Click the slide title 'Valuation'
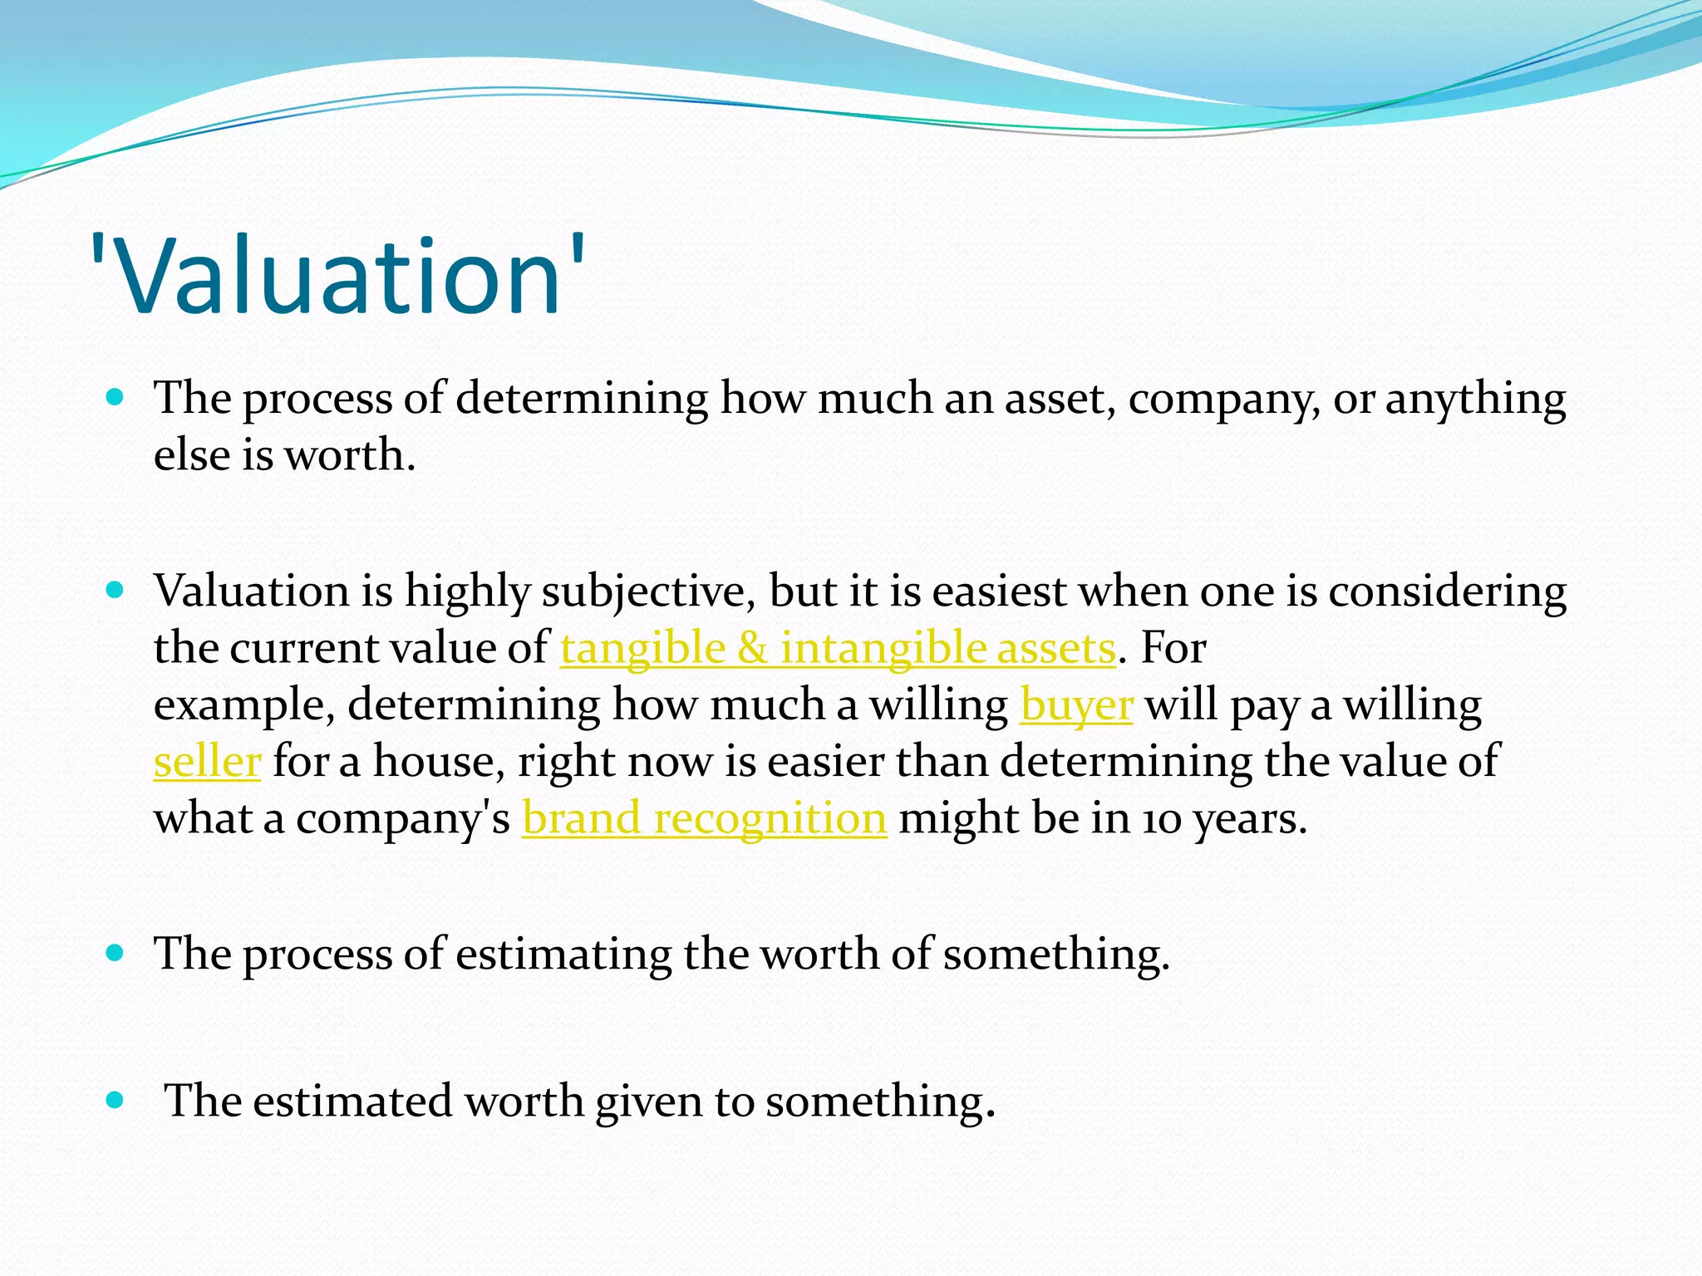coord(337,276)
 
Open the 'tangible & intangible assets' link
coord(837,649)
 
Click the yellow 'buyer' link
coord(1076,705)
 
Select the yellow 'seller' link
coord(207,762)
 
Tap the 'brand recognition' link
coord(704,819)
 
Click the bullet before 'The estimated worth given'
coord(116,1101)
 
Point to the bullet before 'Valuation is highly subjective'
coord(116,591)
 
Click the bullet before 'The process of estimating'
coord(116,952)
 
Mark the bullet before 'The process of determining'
coord(116,397)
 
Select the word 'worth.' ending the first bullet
coord(349,456)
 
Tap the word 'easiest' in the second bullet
coord(998,591)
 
